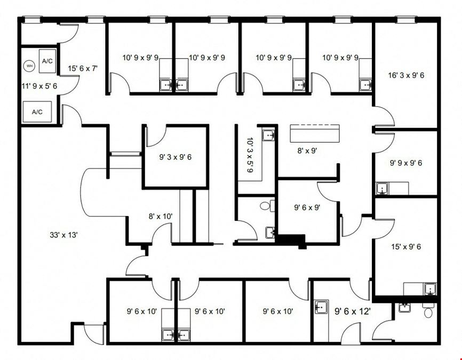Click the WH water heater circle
point(29,66)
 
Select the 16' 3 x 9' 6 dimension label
point(406,75)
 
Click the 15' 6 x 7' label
point(83,69)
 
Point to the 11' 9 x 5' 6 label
point(39,86)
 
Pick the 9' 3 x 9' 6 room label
point(176,157)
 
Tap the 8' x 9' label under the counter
point(307,151)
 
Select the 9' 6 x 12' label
point(353,311)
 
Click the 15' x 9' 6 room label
point(406,247)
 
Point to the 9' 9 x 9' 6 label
point(406,163)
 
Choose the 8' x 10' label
point(161,217)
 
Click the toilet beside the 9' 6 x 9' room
point(267,205)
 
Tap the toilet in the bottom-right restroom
point(428,311)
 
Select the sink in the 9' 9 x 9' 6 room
point(383,189)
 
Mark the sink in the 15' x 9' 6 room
point(430,289)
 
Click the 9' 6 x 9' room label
point(307,207)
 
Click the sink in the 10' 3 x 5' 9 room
point(269,135)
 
